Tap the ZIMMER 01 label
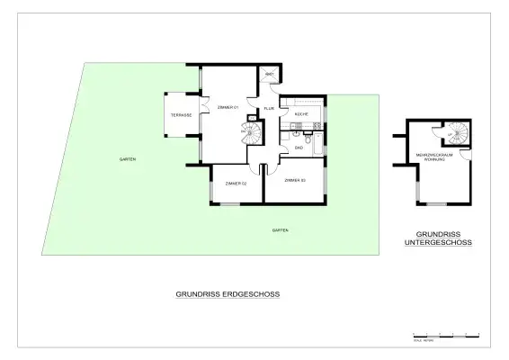coord(228,108)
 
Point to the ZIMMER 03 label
coord(295,182)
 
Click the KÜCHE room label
coord(301,114)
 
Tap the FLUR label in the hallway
coord(268,109)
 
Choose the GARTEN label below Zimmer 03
coord(281,231)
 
